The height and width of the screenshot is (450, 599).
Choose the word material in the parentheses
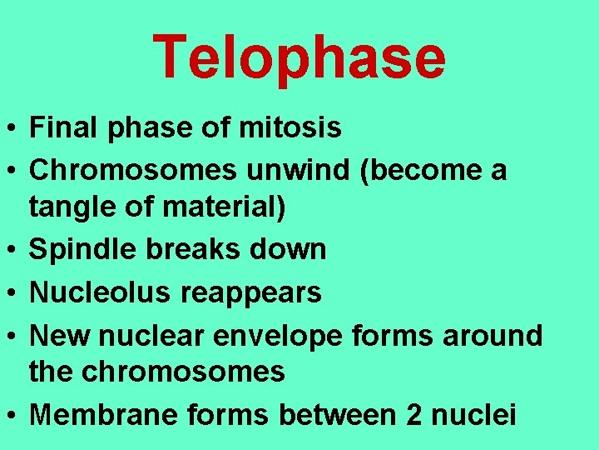[220, 207]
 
